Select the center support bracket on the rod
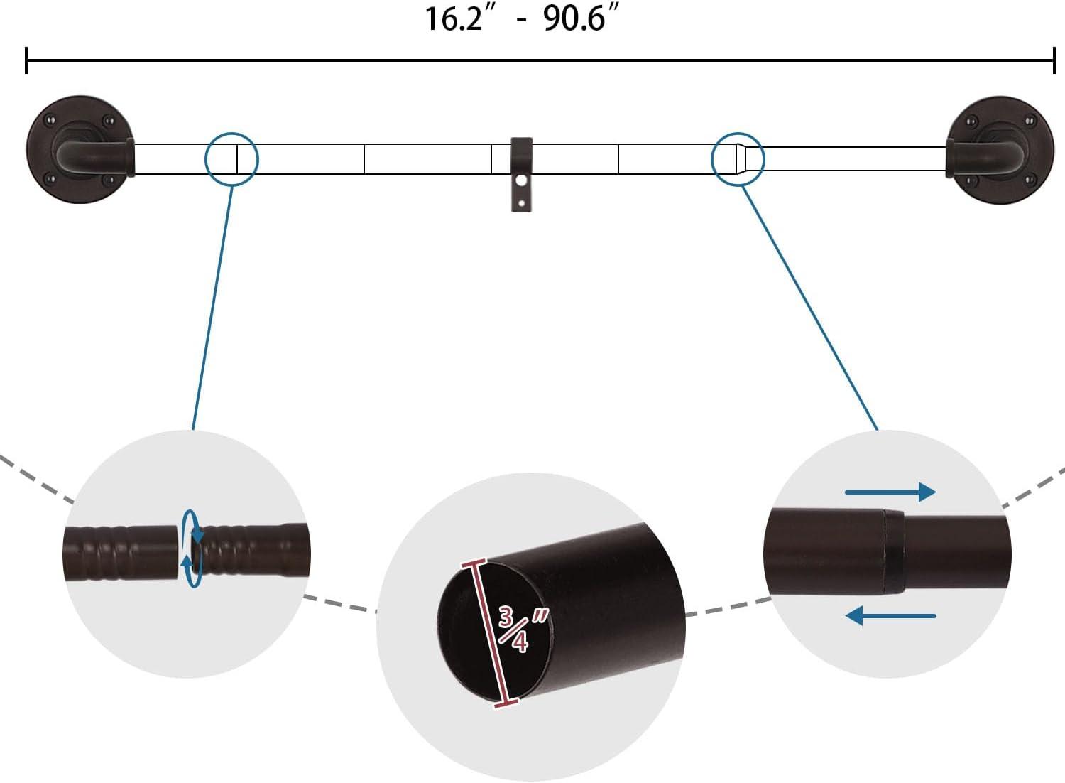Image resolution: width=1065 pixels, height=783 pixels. click(x=522, y=174)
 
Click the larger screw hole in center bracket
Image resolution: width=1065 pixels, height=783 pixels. click(x=523, y=181)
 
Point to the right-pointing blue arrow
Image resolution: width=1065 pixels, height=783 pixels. click(x=890, y=492)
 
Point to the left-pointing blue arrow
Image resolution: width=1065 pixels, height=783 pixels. click(x=890, y=615)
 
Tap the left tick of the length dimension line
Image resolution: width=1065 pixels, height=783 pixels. click(x=26, y=60)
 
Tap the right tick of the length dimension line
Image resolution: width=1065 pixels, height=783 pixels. click(x=1054, y=60)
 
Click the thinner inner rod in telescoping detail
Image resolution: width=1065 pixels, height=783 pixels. click(x=955, y=553)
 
